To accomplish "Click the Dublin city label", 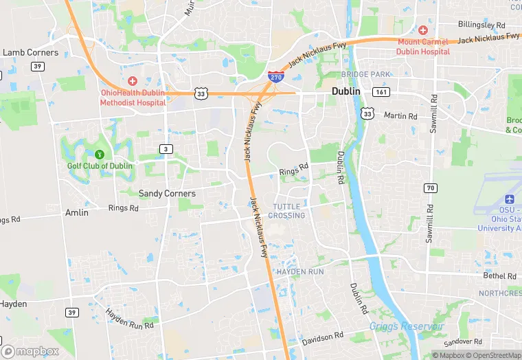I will pos(346,91).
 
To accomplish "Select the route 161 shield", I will pos(381,91).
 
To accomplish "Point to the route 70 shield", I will pos(430,188).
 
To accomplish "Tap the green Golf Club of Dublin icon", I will pos(100,154).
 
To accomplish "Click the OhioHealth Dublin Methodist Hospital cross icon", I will pos(133,81).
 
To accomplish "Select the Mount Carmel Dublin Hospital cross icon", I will pos(423,31).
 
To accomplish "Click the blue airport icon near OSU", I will pos(509,199).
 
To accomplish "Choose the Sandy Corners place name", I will pos(167,194).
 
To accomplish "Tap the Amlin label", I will pos(76,213).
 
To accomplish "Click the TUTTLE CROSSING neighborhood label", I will pos(286,211).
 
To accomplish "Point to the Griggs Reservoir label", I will pos(407,326).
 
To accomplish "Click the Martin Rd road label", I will pos(400,116).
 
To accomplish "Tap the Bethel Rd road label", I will pos(499,276).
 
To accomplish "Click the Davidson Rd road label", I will pos(323,337).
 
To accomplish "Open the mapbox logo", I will pos(32,351).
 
